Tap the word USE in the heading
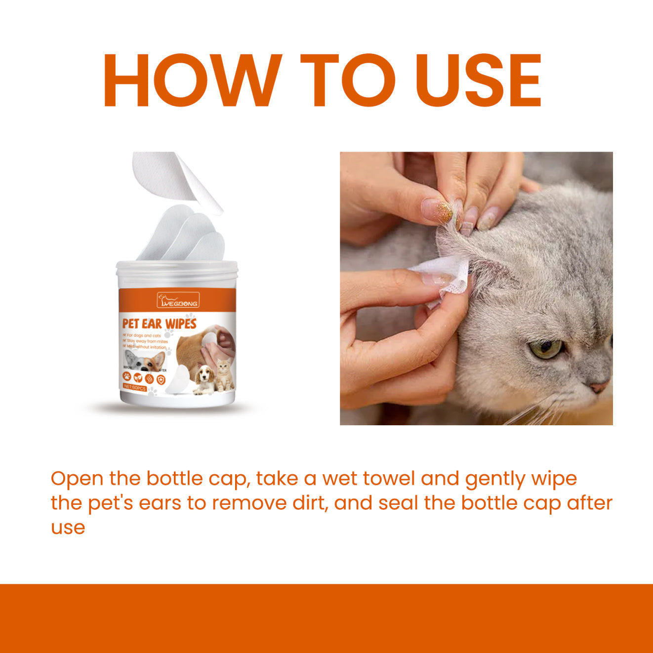click(x=478, y=80)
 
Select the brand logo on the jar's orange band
click(x=178, y=300)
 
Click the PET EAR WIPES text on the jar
click(x=159, y=324)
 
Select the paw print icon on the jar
click(x=127, y=377)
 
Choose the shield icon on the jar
click(x=161, y=378)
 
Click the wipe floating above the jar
click(x=178, y=180)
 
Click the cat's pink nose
click(x=599, y=386)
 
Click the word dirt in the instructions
click(x=307, y=503)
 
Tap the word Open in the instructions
click(x=77, y=479)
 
